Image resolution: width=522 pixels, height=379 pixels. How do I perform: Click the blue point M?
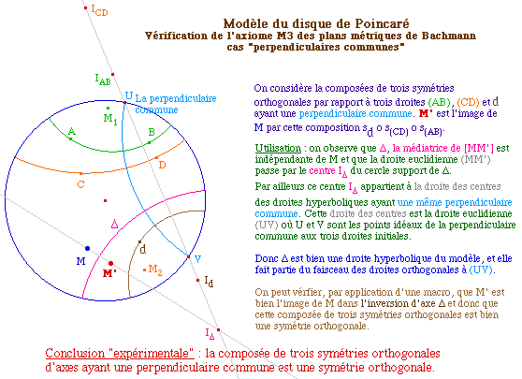tap(87, 248)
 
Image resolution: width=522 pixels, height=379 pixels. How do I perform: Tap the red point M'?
tap(111, 264)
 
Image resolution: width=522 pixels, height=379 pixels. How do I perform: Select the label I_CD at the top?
tap(99, 10)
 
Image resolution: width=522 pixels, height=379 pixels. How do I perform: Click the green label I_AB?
tap(103, 80)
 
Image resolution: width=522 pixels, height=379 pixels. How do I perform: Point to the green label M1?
tap(110, 119)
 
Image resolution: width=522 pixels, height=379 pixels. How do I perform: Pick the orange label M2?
tap(155, 270)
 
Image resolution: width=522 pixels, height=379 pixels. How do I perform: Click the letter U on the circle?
tap(129, 96)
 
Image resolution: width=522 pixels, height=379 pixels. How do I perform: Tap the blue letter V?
tap(197, 259)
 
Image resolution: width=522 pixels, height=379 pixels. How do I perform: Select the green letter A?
tap(72, 131)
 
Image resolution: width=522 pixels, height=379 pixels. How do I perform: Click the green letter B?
tap(152, 132)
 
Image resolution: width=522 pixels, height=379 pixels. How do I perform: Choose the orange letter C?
tap(80, 184)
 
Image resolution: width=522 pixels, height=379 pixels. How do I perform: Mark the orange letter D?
tap(162, 165)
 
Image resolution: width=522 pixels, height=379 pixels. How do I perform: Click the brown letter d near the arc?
tap(143, 249)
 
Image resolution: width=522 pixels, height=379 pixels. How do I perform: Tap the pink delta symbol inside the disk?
tap(114, 224)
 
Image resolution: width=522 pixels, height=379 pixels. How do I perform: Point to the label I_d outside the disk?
tap(209, 282)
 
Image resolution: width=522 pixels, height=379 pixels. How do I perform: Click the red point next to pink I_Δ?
tap(218, 329)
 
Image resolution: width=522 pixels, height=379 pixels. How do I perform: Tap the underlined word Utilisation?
tap(278, 148)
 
